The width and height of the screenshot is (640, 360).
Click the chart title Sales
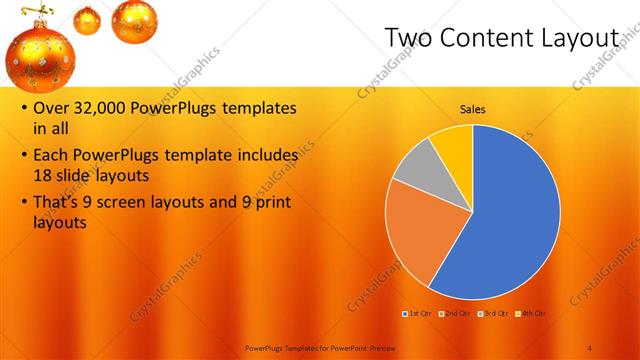tap(473, 109)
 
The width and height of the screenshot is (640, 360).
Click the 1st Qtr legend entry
tap(417, 313)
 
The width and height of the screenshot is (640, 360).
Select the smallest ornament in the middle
tap(88, 20)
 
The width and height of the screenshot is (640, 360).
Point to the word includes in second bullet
tap(265, 156)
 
